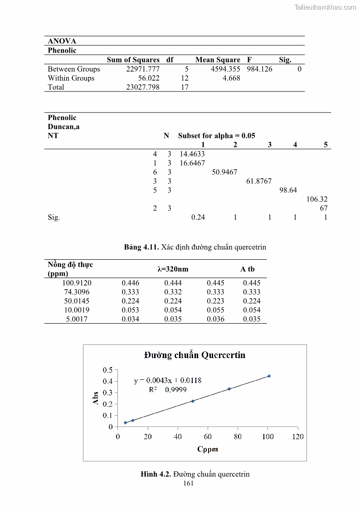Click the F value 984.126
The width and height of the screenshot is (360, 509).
click(x=259, y=69)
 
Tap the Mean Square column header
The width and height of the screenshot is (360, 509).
click(x=218, y=60)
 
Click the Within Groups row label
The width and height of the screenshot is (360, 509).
click(x=71, y=78)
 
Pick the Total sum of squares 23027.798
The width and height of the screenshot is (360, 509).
click(x=142, y=87)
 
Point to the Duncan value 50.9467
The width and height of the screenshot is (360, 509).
click(x=225, y=172)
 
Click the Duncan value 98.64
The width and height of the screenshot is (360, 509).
click(x=288, y=190)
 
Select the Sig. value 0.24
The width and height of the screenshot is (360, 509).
click(x=198, y=217)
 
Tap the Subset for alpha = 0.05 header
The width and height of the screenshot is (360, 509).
click(x=216, y=136)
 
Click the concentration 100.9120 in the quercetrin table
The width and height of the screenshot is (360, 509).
click(x=77, y=283)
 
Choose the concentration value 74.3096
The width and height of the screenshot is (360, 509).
click(x=77, y=292)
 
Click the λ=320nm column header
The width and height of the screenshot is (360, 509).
click(x=173, y=269)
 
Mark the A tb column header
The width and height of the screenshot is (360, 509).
click(x=248, y=269)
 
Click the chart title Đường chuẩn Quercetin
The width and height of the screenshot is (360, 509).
click(x=195, y=355)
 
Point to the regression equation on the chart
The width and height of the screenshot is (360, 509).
click(x=168, y=381)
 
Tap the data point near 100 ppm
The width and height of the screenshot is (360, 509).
click(x=269, y=376)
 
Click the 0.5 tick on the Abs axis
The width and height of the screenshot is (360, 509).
click(x=107, y=370)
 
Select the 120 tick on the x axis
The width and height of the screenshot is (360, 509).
click(x=297, y=436)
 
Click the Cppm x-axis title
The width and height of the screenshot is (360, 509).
click(x=207, y=449)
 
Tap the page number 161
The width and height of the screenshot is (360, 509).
click(x=188, y=483)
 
